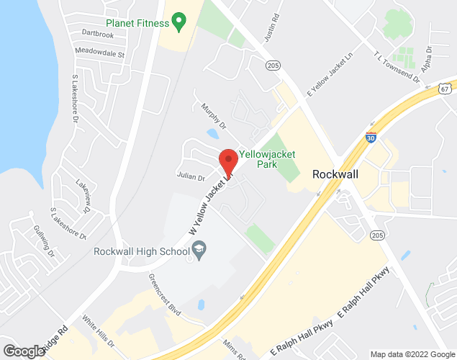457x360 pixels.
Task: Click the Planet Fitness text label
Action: [x=137, y=22]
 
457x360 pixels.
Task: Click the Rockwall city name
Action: [x=336, y=174]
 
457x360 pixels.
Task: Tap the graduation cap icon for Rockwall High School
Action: [x=199, y=251]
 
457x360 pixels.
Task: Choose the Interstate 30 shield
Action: [x=370, y=137]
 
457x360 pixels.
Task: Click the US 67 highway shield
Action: [x=446, y=86]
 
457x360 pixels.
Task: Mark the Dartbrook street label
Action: [x=98, y=34]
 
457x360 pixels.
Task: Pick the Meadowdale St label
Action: [x=100, y=53]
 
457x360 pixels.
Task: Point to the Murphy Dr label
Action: [x=214, y=115]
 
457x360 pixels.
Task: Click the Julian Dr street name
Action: [x=191, y=177]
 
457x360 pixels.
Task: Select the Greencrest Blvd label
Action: [x=166, y=290]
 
